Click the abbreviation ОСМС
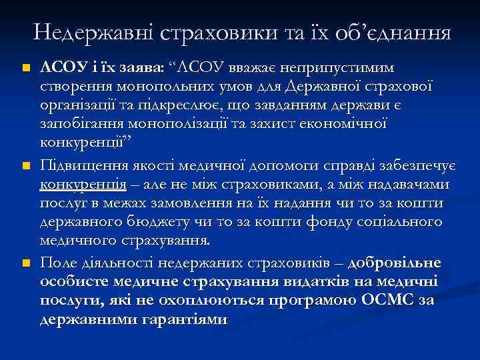pyautogui.click(x=388, y=301)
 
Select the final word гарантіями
pyautogui.click(x=189, y=319)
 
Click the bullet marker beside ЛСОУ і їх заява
pyautogui.click(x=26, y=69)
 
